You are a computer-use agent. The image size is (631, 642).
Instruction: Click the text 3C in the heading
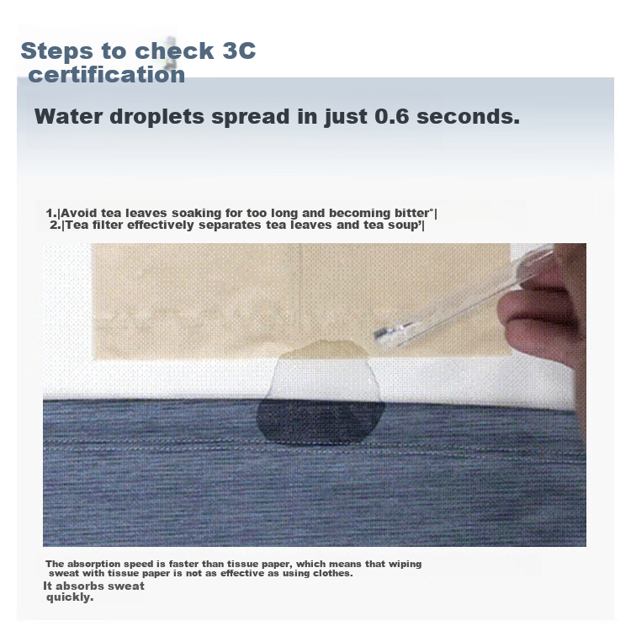pyautogui.click(x=239, y=50)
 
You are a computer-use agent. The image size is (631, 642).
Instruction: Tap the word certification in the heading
pyautogui.click(x=107, y=75)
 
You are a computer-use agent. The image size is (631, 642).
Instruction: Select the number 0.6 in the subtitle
pyautogui.click(x=391, y=116)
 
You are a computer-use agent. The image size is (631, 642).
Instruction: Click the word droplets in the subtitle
pyautogui.click(x=156, y=117)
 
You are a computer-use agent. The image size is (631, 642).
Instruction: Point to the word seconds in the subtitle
pyautogui.click(x=468, y=116)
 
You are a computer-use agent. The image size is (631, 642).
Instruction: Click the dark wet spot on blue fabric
pyautogui.click(x=321, y=422)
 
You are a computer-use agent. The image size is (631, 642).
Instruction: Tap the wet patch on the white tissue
pyautogui.click(x=323, y=370)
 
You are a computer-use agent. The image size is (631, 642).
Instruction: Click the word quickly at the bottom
pyautogui.click(x=70, y=597)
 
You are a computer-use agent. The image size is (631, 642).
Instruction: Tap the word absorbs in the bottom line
pyautogui.click(x=75, y=586)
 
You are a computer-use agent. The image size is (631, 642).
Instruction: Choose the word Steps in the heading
pyautogui.click(x=56, y=51)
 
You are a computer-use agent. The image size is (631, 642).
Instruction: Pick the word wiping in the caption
pyautogui.click(x=405, y=565)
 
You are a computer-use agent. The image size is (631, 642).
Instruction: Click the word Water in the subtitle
pyautogui.click(x=69, y=116)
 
